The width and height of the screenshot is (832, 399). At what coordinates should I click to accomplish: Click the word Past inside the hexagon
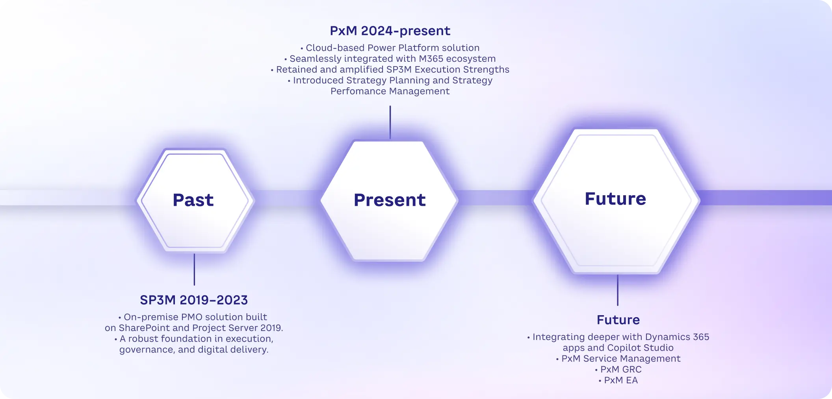(x=193, y=200)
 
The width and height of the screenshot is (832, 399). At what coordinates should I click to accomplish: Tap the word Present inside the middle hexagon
(x=390, y=200)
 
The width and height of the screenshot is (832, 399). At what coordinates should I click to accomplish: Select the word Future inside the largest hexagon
(x=615, y=199)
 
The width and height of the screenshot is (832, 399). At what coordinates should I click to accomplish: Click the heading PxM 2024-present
(x=390, y=31)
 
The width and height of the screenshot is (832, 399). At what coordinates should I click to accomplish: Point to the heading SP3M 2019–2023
(x=194, y=300)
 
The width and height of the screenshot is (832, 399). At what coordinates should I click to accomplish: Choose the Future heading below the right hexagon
(x=618, y=320)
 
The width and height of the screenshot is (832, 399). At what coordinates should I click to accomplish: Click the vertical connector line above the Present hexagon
(x=390, y=122)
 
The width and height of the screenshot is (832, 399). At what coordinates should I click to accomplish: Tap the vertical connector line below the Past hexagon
(x=194, y=270)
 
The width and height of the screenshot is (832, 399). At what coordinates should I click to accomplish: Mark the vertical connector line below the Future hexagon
(x=618, y=290)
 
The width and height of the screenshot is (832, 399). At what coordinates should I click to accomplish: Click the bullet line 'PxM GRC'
(x=618, y=369)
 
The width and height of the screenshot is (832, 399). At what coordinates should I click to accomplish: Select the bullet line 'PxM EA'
(x=618, y=380)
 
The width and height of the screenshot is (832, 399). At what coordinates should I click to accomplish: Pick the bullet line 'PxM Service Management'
(x=618, y=358)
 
